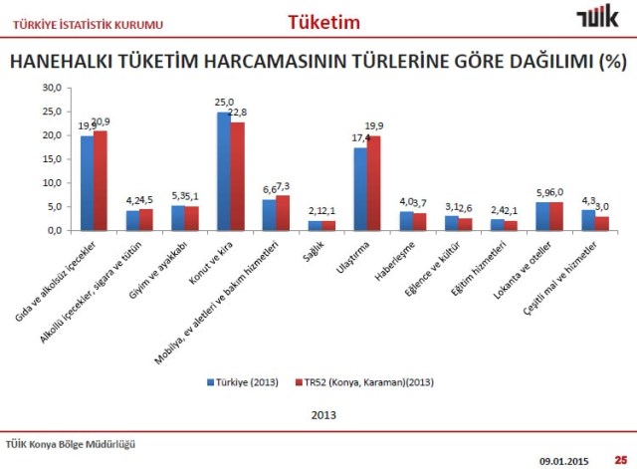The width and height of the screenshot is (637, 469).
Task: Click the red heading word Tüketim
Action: point(323,21)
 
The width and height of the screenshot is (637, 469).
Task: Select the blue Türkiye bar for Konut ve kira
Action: point(224,170)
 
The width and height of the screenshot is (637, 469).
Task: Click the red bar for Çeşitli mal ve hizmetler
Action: point(602,223)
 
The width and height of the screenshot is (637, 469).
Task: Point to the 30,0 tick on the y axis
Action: point(51,89)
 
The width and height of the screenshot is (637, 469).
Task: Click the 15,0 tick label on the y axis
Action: point(51,159)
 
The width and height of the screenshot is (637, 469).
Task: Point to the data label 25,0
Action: point(224,103)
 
